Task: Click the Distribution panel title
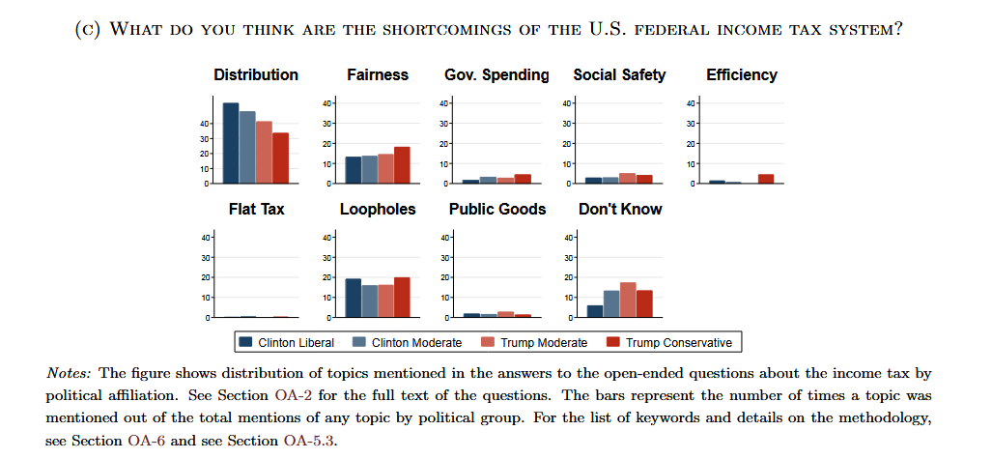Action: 256,74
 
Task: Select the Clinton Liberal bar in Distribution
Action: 231,143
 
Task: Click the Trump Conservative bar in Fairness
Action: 402,165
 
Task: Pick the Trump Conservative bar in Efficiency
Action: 765,179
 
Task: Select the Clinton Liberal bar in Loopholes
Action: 354,298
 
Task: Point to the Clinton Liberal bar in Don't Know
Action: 595,311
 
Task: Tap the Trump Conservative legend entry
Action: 679,342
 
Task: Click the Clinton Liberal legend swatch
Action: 246,342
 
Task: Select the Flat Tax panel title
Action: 256,209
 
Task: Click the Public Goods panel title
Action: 497,209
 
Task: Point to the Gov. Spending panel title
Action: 497,74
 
